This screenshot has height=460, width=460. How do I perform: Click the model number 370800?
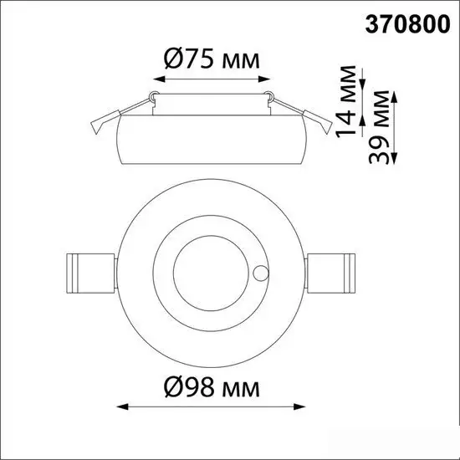pyautogui.click(x=407, y=24)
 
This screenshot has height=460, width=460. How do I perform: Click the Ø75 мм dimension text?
pyautogui.click(x=212, y=59)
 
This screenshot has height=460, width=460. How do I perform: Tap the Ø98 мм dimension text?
pyautogui.click(x=212, y=387)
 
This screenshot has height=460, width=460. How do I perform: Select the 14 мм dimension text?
pyautogui.click(x=345, y=102)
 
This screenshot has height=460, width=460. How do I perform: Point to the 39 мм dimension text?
pyautogui.click(x=379, y=127)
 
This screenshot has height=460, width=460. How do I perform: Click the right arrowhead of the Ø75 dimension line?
pyautogui.click(x=263, y=79)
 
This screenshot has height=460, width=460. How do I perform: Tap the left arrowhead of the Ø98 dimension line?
pyautogui.click(x=123, y=406)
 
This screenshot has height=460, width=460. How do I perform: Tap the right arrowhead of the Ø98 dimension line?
pyautogui.click(x=299, y=406)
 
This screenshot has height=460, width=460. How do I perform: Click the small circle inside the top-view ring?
pyautogui.click(x=260, y=273)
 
